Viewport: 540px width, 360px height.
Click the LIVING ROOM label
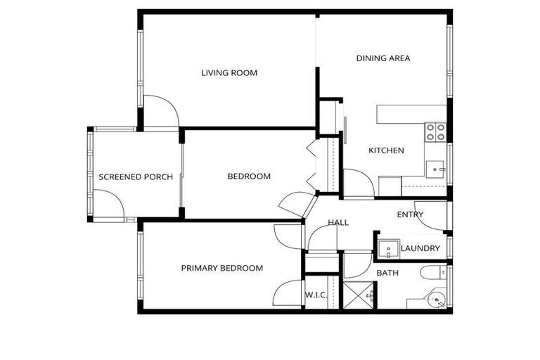click(x=229, y=73)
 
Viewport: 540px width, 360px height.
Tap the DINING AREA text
click(x=383, y=58)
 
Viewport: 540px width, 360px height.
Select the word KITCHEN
click(x=386, y=150)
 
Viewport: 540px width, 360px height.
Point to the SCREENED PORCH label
click(x=136, y=176)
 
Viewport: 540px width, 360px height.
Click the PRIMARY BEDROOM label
click(x=222, y=268)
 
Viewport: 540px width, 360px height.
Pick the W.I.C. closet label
click(x=316, y=295)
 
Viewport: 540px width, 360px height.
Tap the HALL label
click(x=338, y=223)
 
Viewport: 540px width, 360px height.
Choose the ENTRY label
click(x=410, y=214)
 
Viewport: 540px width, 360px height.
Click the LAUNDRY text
click(x=420, y=248)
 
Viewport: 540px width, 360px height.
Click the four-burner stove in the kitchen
click(x=435, y=131)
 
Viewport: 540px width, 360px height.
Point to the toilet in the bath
click(x=431, y=273)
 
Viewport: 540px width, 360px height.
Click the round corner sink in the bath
click(x=437, y=301)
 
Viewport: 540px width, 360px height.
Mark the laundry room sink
click(x=387, y=249)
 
